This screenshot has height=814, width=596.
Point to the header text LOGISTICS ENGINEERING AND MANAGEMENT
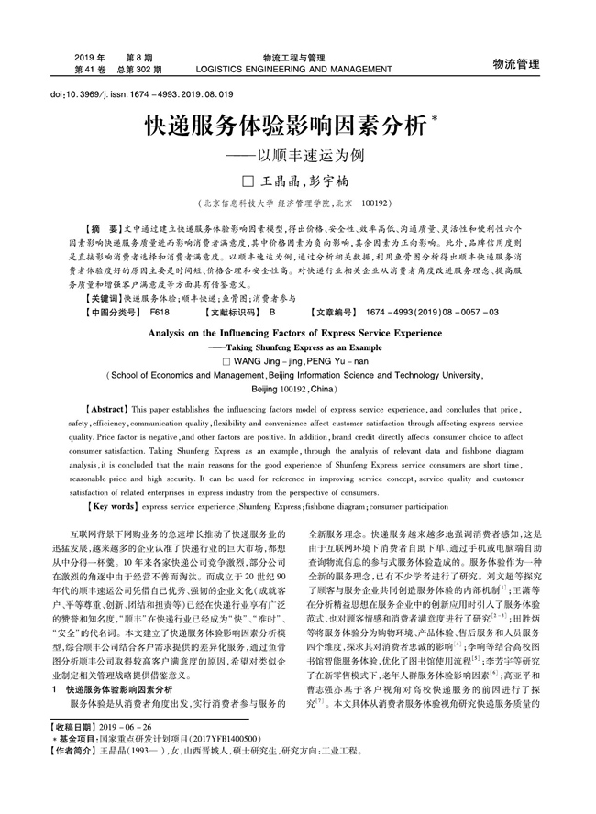(x=300, y=69)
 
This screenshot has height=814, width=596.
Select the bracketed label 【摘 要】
(x=99, y=225)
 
